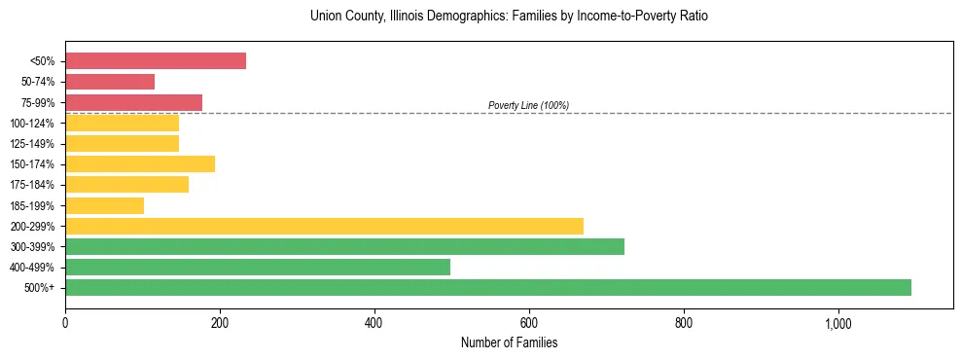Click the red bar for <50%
(156, 61)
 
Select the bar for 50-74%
(110, 82)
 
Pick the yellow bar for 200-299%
(324, 226)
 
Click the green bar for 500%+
(487, 287)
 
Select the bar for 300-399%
(344, 246)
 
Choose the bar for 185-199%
(104, 205)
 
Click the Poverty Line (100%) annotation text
(528, 105)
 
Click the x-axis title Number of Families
(509, 342)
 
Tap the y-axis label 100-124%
(32, 124)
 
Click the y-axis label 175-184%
(32, 185)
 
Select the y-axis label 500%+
(40, 288)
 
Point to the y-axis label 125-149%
(32, 144)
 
